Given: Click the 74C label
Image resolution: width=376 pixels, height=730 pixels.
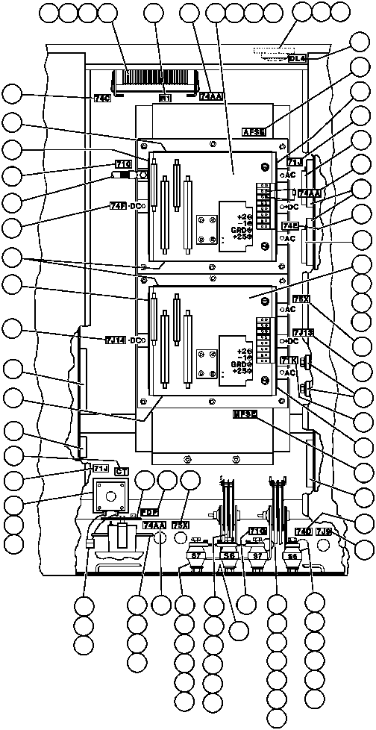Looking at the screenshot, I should [102, 97].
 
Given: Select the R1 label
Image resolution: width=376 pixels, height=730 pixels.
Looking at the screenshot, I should [166, 97].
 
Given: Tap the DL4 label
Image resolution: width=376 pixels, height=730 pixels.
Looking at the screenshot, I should [298, 57].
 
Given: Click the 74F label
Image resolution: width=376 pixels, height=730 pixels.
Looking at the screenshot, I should [118, 206].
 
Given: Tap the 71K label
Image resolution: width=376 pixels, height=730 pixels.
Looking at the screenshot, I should [289, 361].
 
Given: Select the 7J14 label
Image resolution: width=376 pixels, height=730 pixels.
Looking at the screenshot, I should [116, 340].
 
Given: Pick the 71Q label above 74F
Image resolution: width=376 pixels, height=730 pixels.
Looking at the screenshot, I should [123, 164].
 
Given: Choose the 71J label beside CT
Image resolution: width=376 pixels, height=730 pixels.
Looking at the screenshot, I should [101, 468].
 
